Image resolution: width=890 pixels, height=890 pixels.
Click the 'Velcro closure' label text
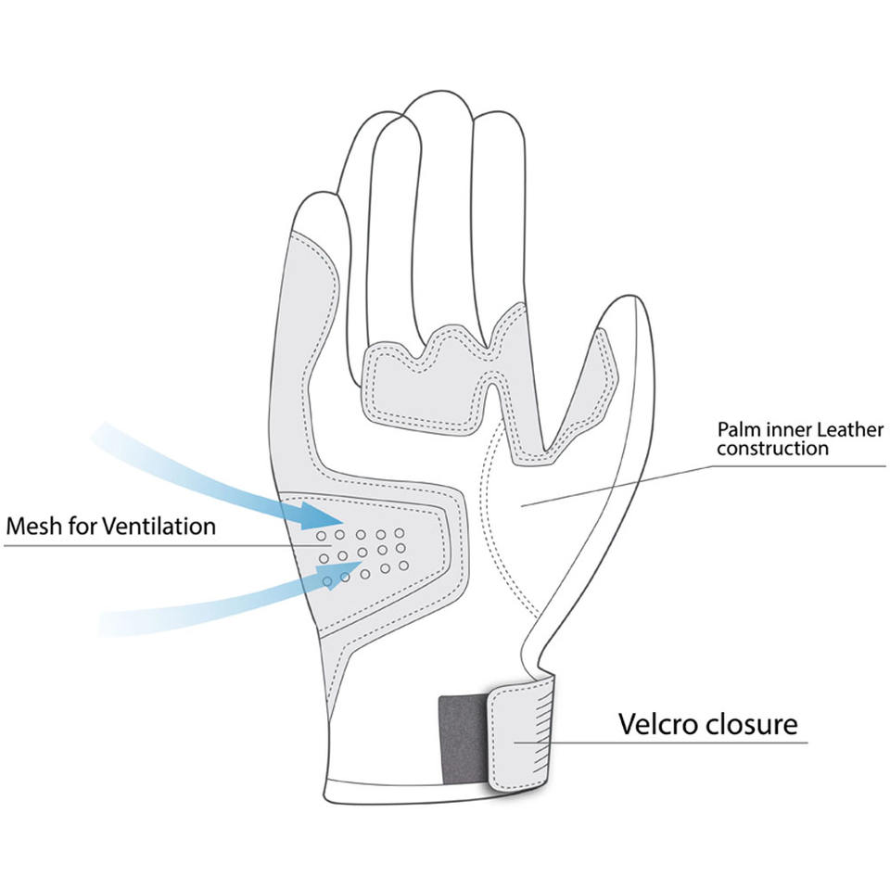click(x=707, y=723)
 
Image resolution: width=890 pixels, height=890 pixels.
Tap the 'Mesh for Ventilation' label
click(x=110, y=527)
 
